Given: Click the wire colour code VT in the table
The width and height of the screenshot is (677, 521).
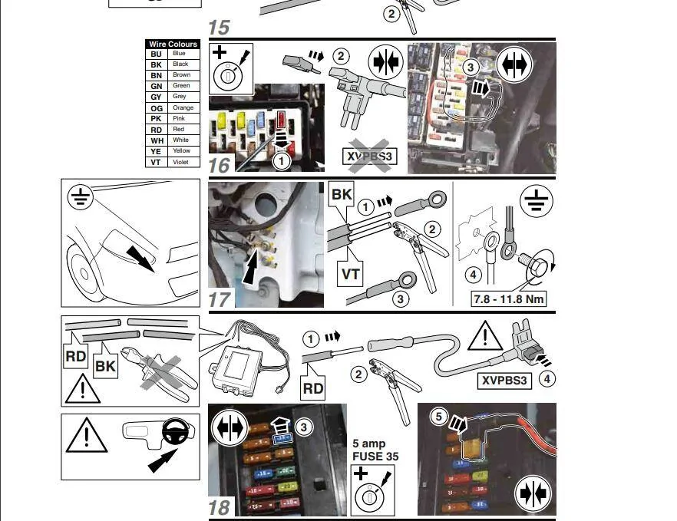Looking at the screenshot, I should pos(156,162).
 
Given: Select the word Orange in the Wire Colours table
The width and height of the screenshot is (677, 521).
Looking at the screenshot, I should pos(183,108).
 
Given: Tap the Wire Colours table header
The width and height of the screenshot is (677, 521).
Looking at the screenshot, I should pos(173,45).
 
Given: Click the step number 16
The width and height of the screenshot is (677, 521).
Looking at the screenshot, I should pos(219,164).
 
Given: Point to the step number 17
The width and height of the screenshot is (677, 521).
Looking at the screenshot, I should pos(220,298).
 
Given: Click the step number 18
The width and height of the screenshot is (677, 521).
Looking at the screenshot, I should pos(219,507).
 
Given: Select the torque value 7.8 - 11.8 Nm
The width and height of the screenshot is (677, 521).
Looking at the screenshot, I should pos(509,298).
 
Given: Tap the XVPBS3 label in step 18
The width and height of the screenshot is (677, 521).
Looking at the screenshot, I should pos(504,380).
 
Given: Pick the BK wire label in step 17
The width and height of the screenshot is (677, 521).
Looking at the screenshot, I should pos(342,194).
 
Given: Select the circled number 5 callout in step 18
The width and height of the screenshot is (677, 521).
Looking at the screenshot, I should pos(438,417).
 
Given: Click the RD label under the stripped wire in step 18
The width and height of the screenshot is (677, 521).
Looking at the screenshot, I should pos(313,388).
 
